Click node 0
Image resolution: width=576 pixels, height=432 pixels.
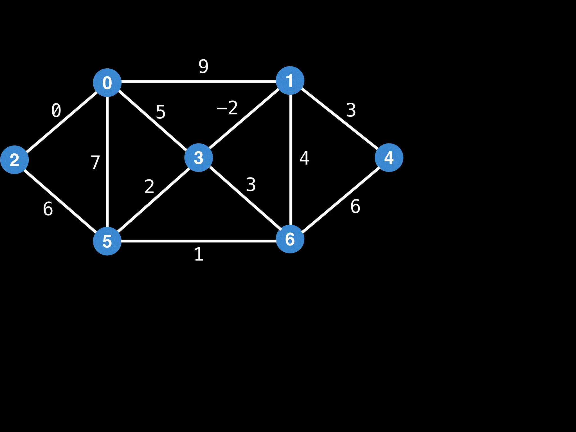pyautogui.click(x=107, y=82)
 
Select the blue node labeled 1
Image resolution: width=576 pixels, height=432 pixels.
pyautogui.click(x=290, y=80)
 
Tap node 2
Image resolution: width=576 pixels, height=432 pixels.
pyautogui.click(x=14, y=160)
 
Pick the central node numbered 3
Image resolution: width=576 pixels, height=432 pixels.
pyautogui.click(x=199, y=157)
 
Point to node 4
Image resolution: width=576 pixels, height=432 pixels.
pyautogui.click(x=389, y=157)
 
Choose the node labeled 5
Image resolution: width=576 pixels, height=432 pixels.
pyautogui.click(x=107, y=241)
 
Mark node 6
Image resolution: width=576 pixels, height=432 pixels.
pyautogui.click(x=290, y=239)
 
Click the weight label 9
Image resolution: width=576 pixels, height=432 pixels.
pyautogui.click(x=203, y=66)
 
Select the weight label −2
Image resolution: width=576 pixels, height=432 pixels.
pyautogui.click(x=227, y=108)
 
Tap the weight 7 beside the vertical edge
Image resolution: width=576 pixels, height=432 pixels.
pyautogui.click(x=95, y=162)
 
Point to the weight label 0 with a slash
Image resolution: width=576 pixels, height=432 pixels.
pyautogui.click(x=56, y=110)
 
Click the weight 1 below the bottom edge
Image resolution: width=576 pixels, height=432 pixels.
pyautogui.click(x=199, y=254)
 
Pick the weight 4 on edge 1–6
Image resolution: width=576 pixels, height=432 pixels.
pyautogui.click(x=304, y=158)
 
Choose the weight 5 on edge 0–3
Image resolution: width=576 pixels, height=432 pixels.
pyautogui.click(x=161, y=112)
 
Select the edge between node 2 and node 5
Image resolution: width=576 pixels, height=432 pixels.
pyautogui.click(x=60, y=200)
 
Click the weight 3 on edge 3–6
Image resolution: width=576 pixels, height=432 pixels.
pyautogui.click(x=251, y=185)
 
